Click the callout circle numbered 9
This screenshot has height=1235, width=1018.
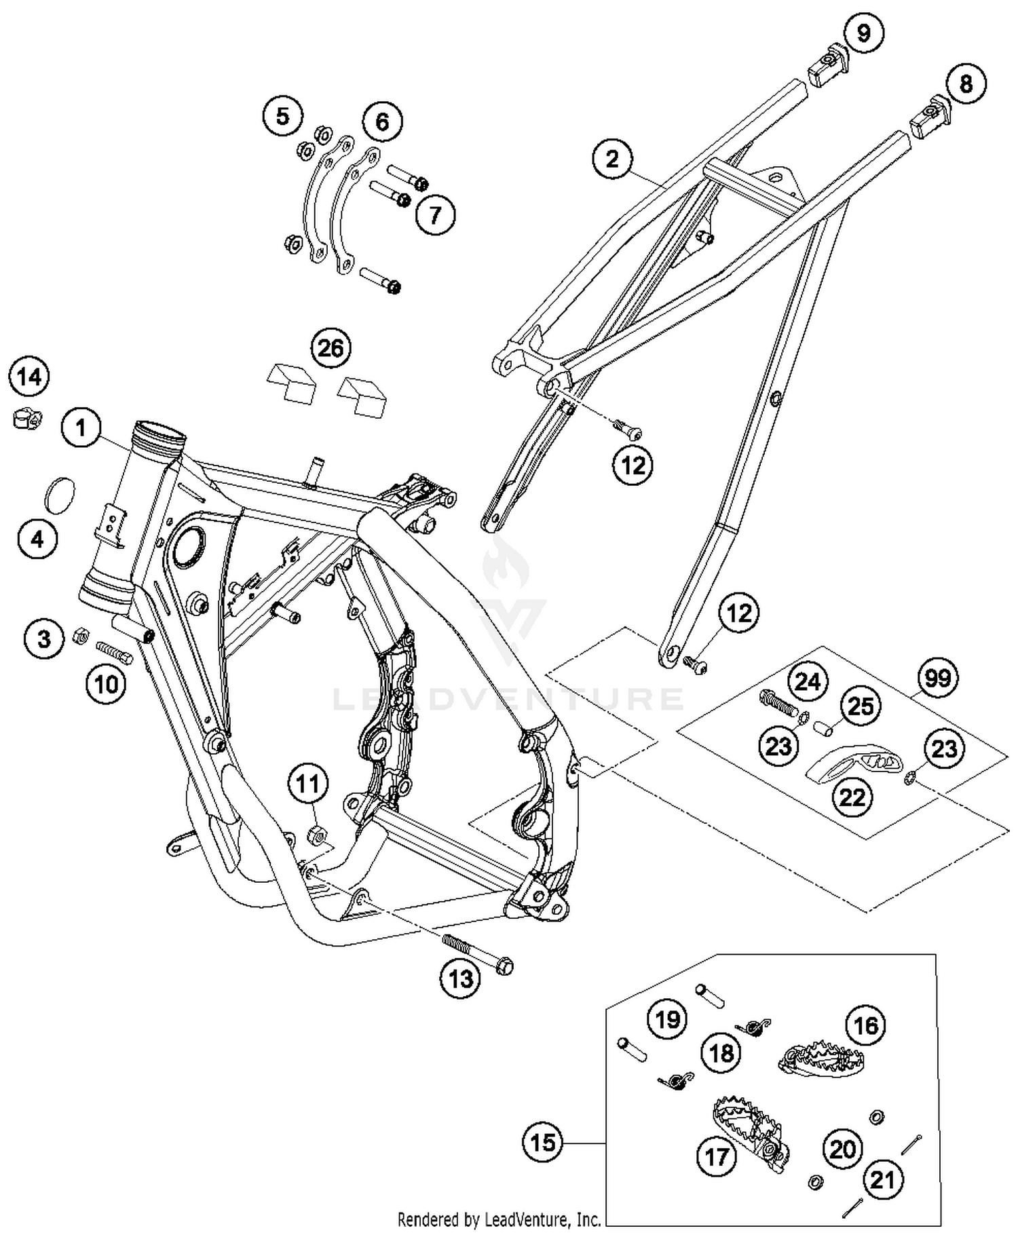(x=863, y=33)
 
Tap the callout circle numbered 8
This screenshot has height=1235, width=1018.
(x=966, y=84)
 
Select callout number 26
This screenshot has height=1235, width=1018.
(x=331, y=348)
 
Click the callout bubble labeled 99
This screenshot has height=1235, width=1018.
(x=937, y=677)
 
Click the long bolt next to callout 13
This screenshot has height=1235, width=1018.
(x=478, y=953)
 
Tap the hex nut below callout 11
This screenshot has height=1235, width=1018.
(x=317, y=836)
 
